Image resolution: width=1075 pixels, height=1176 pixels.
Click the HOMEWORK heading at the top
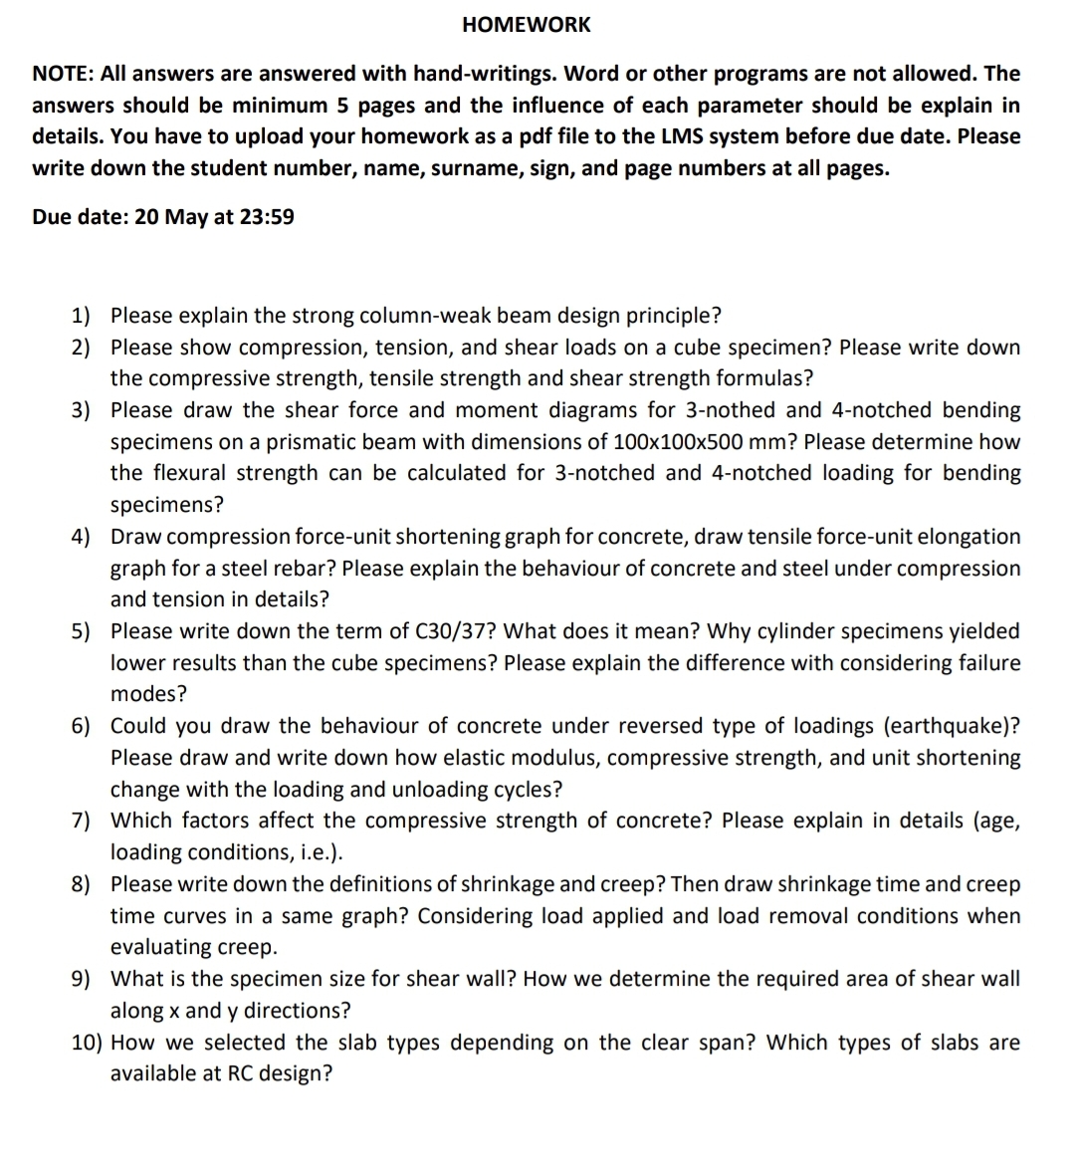point(526,25)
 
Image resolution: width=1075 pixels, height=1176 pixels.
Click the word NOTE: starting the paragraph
point(64,74)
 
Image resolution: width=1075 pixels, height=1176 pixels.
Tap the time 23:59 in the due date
point(268,216)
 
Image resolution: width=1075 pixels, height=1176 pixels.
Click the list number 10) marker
point(87,1043)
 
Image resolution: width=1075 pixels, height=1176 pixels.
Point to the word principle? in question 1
point(674,316)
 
